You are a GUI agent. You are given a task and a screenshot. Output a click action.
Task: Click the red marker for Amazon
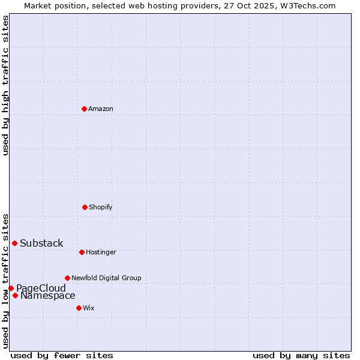pyautogui.click(x=84, y=109)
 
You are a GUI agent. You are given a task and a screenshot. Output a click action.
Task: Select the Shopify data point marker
pyautogui.click(x=85, y=207)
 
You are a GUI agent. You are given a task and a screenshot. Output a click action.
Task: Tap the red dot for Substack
pyautogui.click(x=14, y=243)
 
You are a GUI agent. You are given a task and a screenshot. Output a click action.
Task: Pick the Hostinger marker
pyautogui.click(x=82, y=252)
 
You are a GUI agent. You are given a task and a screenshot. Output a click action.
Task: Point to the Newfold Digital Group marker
pyautogui.click(x=67, y=278)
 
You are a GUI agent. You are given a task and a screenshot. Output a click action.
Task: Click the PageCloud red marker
pyautogui.click(x=11, y=288)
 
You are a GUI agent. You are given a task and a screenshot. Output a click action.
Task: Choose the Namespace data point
pyautogui.click(x=15, y=295)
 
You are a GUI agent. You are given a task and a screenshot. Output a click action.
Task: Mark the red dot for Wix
pyautogui.click(x=79, y=308)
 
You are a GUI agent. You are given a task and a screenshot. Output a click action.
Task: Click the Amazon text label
pyautogui.click(x=101, y=109)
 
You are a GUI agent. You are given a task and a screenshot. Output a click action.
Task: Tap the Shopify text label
pyautogui.click(x=101, y=207)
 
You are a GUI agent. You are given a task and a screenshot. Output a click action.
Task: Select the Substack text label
pyautogui.click(x=41, y=243)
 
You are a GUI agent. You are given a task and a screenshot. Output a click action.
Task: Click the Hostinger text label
pyautogui.click(x=101, y=252)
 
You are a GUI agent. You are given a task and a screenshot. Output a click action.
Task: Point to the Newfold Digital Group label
pyautogui.click(x=106, y=278)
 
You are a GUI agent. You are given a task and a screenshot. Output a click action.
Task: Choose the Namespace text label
pyautogui.click(x=48, y=295)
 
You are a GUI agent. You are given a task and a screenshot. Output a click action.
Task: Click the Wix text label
pyautogui.click(x=89, y=308)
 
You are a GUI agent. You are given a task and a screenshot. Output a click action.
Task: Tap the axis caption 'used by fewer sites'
pyautogui.click(x=62, y=355)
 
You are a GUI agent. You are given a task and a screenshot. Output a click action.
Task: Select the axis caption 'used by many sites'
pyautogui.click(x=301, y=355)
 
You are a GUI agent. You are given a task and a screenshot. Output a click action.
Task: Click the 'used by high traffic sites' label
pyautogui.click(x=5, y=85)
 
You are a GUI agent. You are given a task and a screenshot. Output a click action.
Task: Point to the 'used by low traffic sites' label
pyautogui.click(x=5, y=281)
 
